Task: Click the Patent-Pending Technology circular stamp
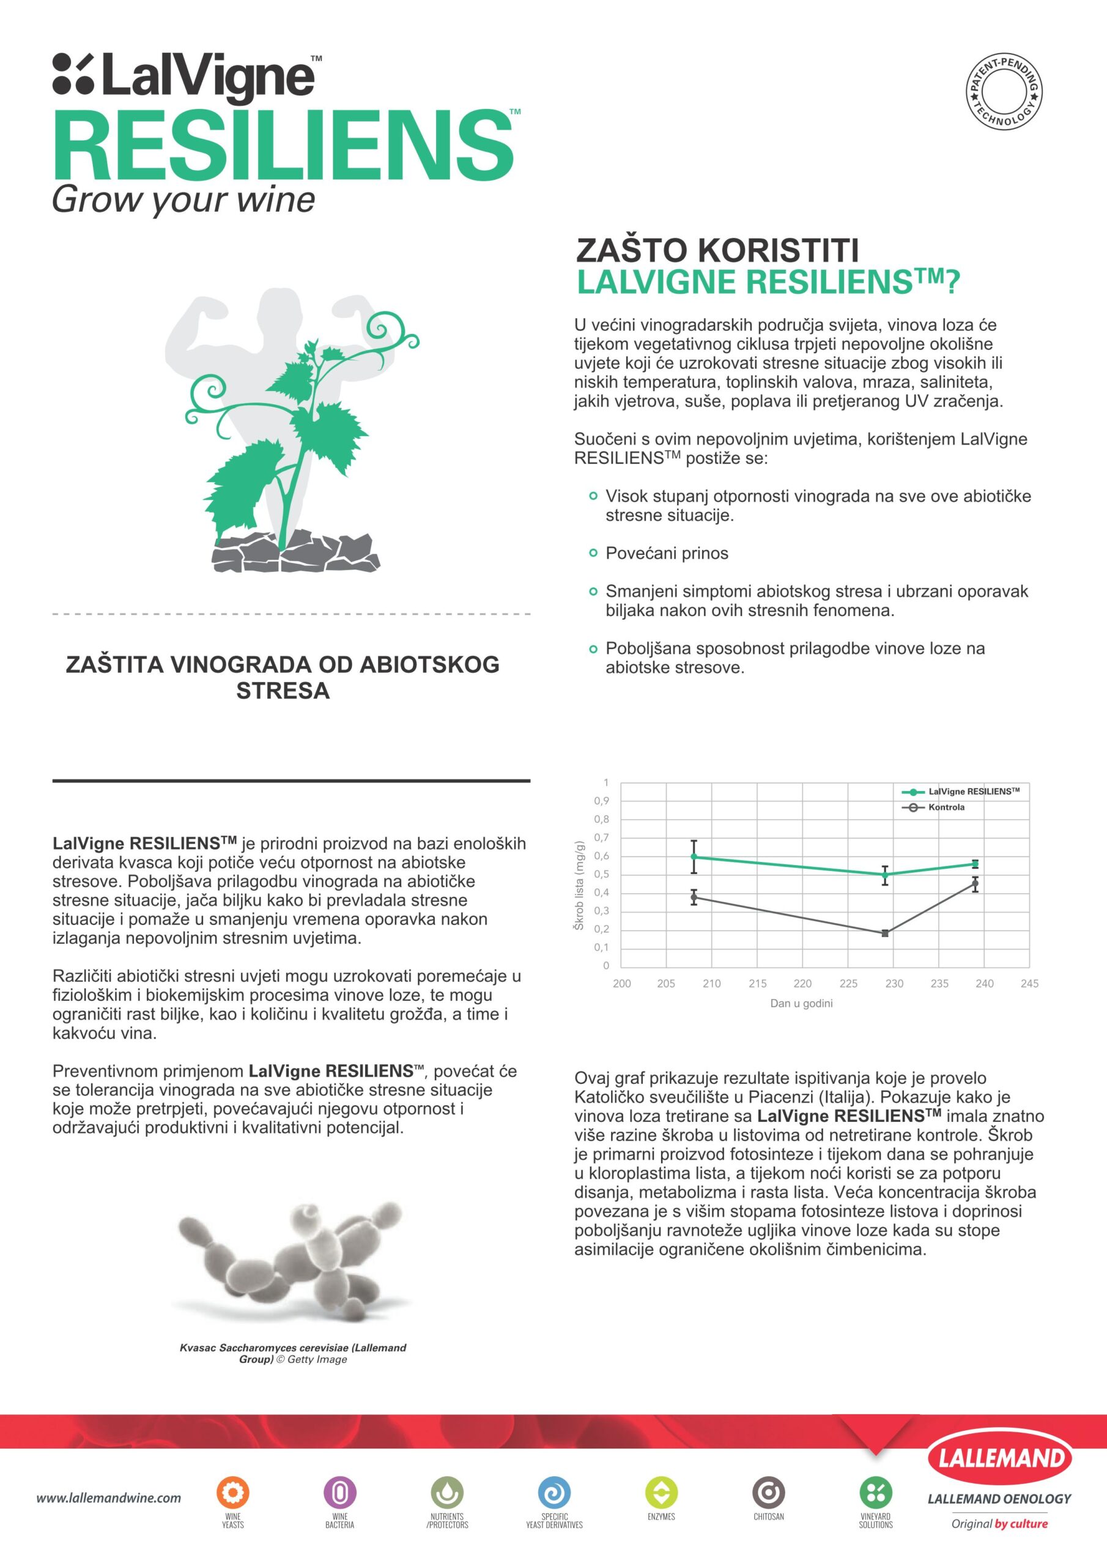pos(1004,92)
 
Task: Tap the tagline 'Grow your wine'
pos(183,200)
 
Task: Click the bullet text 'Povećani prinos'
pos(667,553)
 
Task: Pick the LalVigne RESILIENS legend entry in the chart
pos(961,792)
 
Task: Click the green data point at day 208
pos(694,856)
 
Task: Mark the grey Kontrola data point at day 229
pos(884,933)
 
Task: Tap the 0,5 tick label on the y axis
pos(601,874)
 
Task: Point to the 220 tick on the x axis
pos(803,984)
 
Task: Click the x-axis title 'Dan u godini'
pos(801,1003)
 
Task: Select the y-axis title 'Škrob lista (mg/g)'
pos(579,885)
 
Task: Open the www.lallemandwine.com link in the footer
pos(108,1499)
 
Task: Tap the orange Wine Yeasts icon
pos(232,1493)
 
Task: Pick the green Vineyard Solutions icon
pos(876,1493)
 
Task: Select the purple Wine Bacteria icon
pos(339,1493)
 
